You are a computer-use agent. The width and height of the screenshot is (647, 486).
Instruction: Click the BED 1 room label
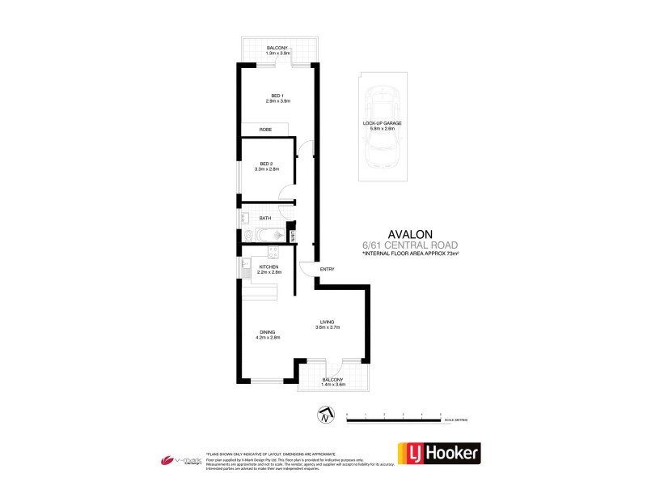[x=277, y=98]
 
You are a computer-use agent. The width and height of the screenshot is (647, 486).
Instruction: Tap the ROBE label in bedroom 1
[x=264, y=130]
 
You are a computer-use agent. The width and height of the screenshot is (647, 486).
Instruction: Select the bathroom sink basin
[x=243, y=217]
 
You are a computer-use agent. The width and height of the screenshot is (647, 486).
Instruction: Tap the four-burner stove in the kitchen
[x=273, y=251]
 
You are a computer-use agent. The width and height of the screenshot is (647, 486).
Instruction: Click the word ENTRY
[x=327, y=269]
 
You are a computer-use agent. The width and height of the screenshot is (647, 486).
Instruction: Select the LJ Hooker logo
[x=438, y=454]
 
